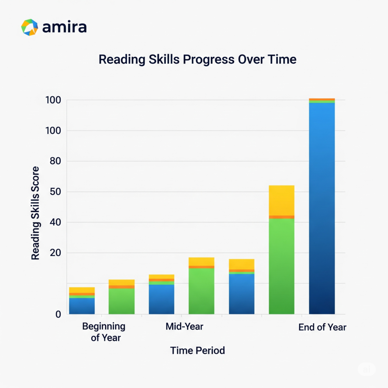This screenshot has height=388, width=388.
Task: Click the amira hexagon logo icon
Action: coord(30,27)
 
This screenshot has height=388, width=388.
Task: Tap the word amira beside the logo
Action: coord(65,27)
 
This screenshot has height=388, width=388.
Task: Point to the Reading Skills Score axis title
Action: coord(35,213)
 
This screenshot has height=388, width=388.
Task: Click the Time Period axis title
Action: coord(197,350)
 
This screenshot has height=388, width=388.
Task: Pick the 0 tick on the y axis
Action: coord(58,314)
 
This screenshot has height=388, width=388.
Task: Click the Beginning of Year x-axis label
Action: coord(103,332)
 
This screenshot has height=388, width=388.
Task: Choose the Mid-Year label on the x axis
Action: coord(185,327)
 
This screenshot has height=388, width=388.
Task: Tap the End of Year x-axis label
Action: coord(322,327)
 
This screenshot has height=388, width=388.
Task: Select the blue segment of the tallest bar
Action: coord(322,208)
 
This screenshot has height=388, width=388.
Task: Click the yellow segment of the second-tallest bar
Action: coord(282,200)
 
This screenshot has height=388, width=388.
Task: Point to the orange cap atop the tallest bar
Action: coord(322,99)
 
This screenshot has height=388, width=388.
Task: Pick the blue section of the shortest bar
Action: coord(82,306)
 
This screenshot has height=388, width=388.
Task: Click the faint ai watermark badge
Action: coord(366,369)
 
